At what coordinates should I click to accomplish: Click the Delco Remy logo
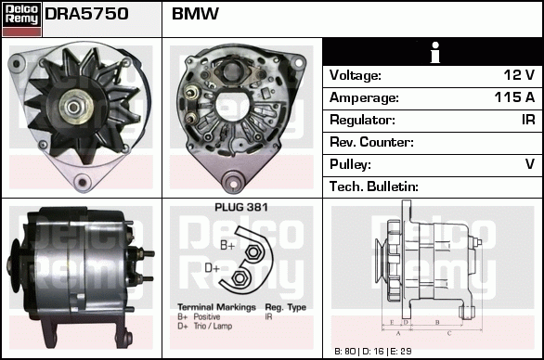click(x=21, y=18)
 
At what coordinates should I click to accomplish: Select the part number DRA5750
click(x=86, y=14)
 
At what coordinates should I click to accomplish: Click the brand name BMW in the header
click(x=195, y=14)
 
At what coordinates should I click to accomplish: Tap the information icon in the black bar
click(x=433, y=52)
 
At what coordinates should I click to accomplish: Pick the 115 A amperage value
click(x=513, y=97)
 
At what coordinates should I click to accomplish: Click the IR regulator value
click(x=526, y=120)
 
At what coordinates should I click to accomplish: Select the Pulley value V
click(x=529, y=164)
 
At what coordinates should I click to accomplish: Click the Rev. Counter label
click(x=371, y=142)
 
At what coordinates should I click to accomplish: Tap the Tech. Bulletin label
click(x=374, y=186)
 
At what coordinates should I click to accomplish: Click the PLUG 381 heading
click(x=240, y=208)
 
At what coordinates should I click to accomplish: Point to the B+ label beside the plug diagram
click(x=227, y=245)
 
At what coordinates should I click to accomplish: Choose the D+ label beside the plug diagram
click(x=212, y=269)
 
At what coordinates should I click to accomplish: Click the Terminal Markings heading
click(x=215, y=307)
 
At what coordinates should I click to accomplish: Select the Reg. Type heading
click(x=285, y=307)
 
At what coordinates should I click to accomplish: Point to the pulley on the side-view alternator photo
click(x=18, y=271)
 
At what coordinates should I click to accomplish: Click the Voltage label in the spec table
click(x=356, y=75)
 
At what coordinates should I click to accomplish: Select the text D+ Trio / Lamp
click(x=206, y=326)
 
